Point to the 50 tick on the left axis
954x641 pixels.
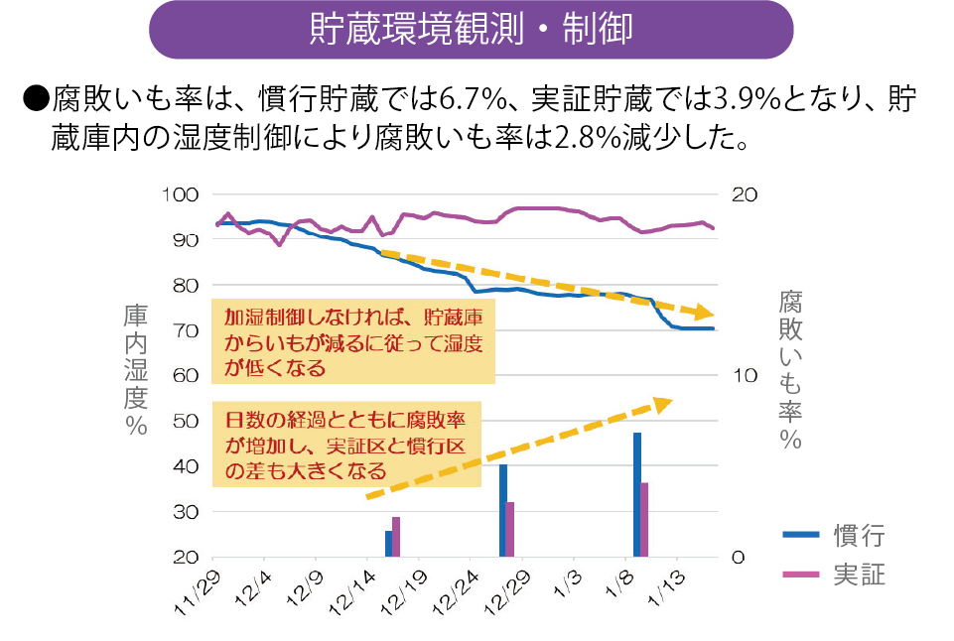(x=187, y=421)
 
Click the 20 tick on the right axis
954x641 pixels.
(x=745, y=194)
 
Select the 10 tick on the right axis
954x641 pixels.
(x=745, y=376)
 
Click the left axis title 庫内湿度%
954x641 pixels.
(x=136, y=369)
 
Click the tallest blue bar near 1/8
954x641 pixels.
(x=637, y=495)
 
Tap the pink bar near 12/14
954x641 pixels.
(x=396, y=537)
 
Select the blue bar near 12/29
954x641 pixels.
(x=503, y=510)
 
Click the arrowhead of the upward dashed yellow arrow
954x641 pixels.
(x=663, y=403)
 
